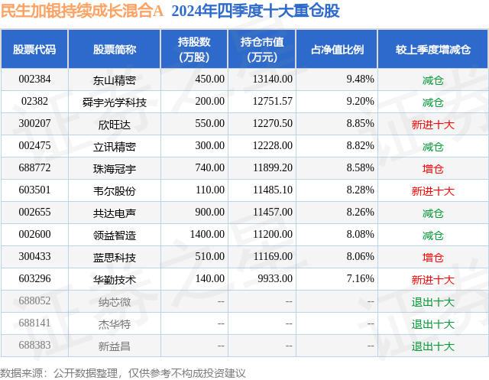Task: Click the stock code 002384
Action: [34, 79]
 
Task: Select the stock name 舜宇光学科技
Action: [115, 101]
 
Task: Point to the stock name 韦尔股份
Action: [115, 190]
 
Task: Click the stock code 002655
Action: [34, 212]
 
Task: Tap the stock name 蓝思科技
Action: [115, 256]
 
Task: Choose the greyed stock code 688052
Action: [34, 301]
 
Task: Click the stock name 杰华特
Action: [115, 323]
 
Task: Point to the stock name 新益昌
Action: [115, 346]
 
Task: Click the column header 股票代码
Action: [34, 50]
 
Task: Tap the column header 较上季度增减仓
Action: [432, 50]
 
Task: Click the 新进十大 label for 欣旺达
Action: [432, 123]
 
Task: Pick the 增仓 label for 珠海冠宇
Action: [432, 167]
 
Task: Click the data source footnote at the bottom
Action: [123, 372]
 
